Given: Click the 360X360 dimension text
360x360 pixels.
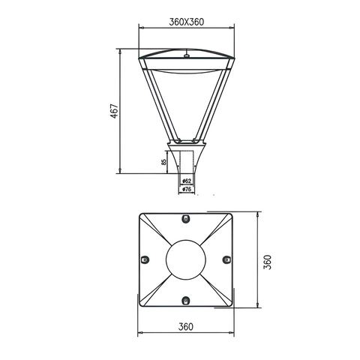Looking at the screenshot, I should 185,22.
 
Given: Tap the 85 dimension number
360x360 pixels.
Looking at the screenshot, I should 164,161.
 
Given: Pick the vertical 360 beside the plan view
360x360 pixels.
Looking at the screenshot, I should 268,261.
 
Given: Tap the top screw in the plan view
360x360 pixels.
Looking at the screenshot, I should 185,217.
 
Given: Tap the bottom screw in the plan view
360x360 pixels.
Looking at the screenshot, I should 185,301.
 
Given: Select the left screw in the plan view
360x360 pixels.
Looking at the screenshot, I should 145,259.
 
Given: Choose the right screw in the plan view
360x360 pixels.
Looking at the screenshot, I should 226,259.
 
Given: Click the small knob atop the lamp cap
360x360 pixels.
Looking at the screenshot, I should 185,54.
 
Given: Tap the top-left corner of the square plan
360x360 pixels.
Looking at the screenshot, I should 140,214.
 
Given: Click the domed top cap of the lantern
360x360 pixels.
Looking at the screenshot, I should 185,57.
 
